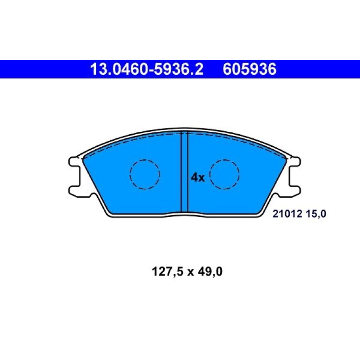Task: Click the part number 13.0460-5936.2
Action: (x=147, y=69)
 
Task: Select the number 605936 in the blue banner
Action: (x=250, y=69)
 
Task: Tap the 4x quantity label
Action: (x=197, y=178)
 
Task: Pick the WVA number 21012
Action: (x=287, y=214)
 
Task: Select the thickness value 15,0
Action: (x=316, y=214)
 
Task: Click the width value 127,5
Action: (x=167, y=272)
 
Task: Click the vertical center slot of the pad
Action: (x=185, y=172)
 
